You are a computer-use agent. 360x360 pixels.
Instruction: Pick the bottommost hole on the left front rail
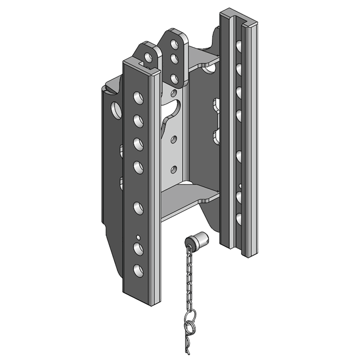[x=138, y=270]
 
